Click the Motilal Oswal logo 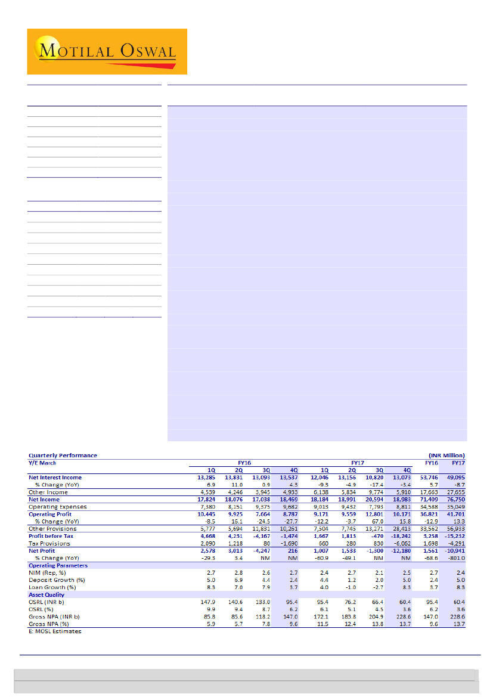[107, 51]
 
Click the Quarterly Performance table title [63, 456]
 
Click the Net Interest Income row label [55, 478]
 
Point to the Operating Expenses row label [57, 507]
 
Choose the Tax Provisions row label [49, 543]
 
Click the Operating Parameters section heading [58, 565]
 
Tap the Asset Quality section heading [46, 594]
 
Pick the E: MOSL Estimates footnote [55, 631]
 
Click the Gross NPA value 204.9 [364, 617]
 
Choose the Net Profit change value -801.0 [456, 558]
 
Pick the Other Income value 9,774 [363, 492]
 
